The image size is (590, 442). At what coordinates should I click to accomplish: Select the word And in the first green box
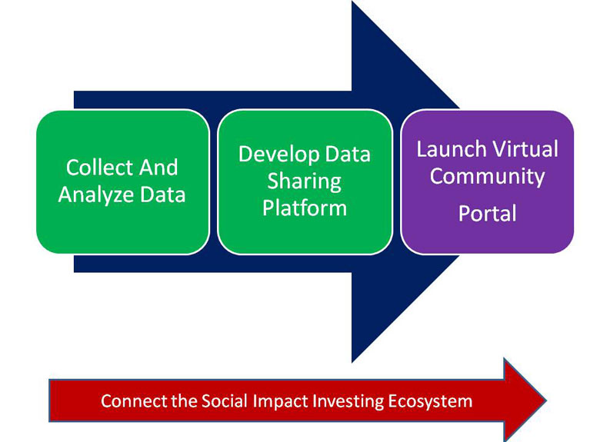click(158, 168)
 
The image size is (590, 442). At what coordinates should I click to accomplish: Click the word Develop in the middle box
click(278, 155)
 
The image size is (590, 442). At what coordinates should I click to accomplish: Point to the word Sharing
click(304, 181)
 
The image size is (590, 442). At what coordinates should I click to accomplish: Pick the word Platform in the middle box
click(305, 208)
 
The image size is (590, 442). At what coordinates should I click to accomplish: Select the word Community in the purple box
click(487, 177)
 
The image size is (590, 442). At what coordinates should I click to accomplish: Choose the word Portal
click(487, 213)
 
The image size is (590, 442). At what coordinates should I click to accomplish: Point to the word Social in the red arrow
click(225, 401)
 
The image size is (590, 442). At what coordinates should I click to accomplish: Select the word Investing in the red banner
click(348, 402)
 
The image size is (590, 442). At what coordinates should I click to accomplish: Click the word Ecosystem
click(430, 402)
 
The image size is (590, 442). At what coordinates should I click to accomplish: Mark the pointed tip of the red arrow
click(546, 400)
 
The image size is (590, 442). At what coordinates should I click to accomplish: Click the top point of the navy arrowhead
click(352, 1)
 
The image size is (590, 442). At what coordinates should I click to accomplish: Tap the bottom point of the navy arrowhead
click(352, 362)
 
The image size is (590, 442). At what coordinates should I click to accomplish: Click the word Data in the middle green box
click(348, 155)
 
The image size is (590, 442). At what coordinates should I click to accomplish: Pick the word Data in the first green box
click(162, 195)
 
